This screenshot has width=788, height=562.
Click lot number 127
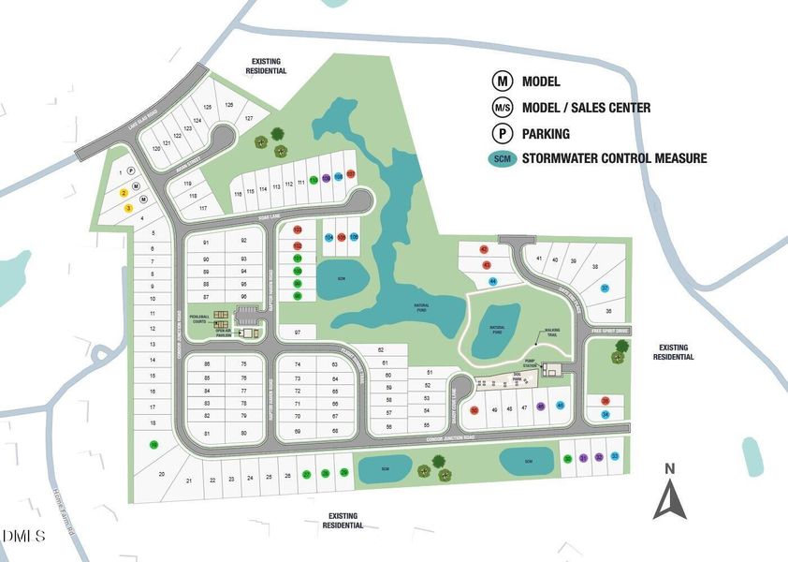tap(249, 119)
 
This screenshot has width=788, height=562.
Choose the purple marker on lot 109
tap(325, 176)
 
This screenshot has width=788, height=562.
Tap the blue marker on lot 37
tap(606, 288)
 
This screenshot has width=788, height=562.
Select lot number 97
tap(298, 333)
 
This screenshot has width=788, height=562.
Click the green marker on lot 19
tap(153, 445)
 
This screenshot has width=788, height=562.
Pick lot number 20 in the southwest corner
tap(161, 475)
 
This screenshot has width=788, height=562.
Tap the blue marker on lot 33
tap(615, 457)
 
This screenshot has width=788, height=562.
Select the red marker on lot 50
tap(474, 409)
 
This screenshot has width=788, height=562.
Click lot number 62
tap(381, 350)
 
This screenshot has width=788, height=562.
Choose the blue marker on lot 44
tap(492, 280)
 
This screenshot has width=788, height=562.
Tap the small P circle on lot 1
tap(131, 171)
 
